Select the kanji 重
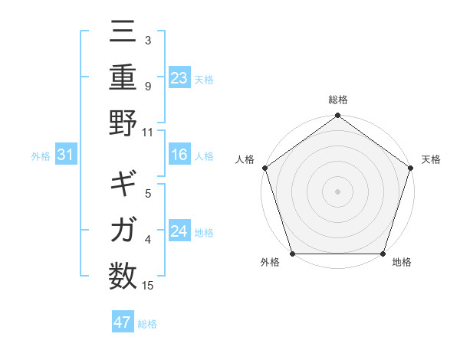click(123, 80)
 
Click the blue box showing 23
click(179, 78)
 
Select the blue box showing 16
click(179, 155)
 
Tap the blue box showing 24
click(179, 231)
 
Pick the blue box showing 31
click(66, 155)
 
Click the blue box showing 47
click(123, 322)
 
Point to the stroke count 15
click(148, 286)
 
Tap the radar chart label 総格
click(337, 100)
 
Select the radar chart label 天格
click(431, 159)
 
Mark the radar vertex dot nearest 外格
click(291, 254)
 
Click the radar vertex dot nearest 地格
click(383, 254)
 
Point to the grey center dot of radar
click(337, 191)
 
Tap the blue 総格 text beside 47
click(147, 323)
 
